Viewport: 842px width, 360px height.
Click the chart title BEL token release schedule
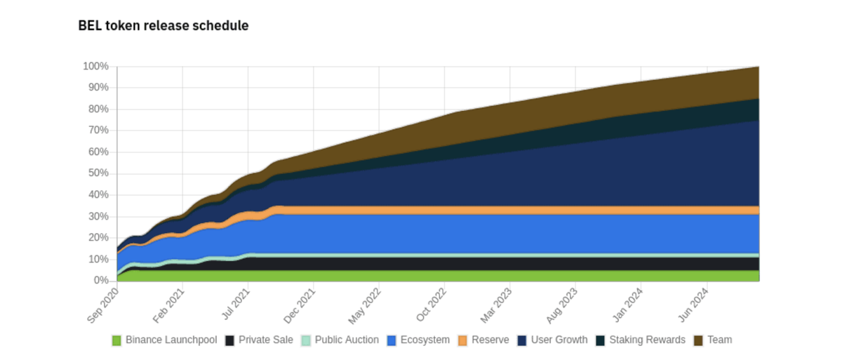(x=163, y=26)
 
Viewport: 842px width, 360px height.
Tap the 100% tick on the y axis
(x=95, y=67)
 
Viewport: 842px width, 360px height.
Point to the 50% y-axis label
(x=98, y=173)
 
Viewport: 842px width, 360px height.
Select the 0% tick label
(x=100, y=281)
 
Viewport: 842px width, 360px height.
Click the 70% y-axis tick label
(x=98, y=131)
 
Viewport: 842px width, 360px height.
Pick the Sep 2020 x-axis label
(x=102, y=306)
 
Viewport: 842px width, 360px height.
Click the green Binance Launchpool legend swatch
(x=117, y=340)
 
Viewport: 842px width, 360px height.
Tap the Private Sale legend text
(x=266, y=340)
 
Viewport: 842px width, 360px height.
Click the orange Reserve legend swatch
(x=462, y=340)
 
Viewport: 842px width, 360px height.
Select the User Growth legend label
(x=559, y=340)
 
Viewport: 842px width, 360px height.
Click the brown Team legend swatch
(x=698, y=340)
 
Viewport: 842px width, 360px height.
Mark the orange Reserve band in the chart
(x=491, y=210)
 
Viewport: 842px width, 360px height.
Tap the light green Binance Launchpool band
(x=491, y=276)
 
